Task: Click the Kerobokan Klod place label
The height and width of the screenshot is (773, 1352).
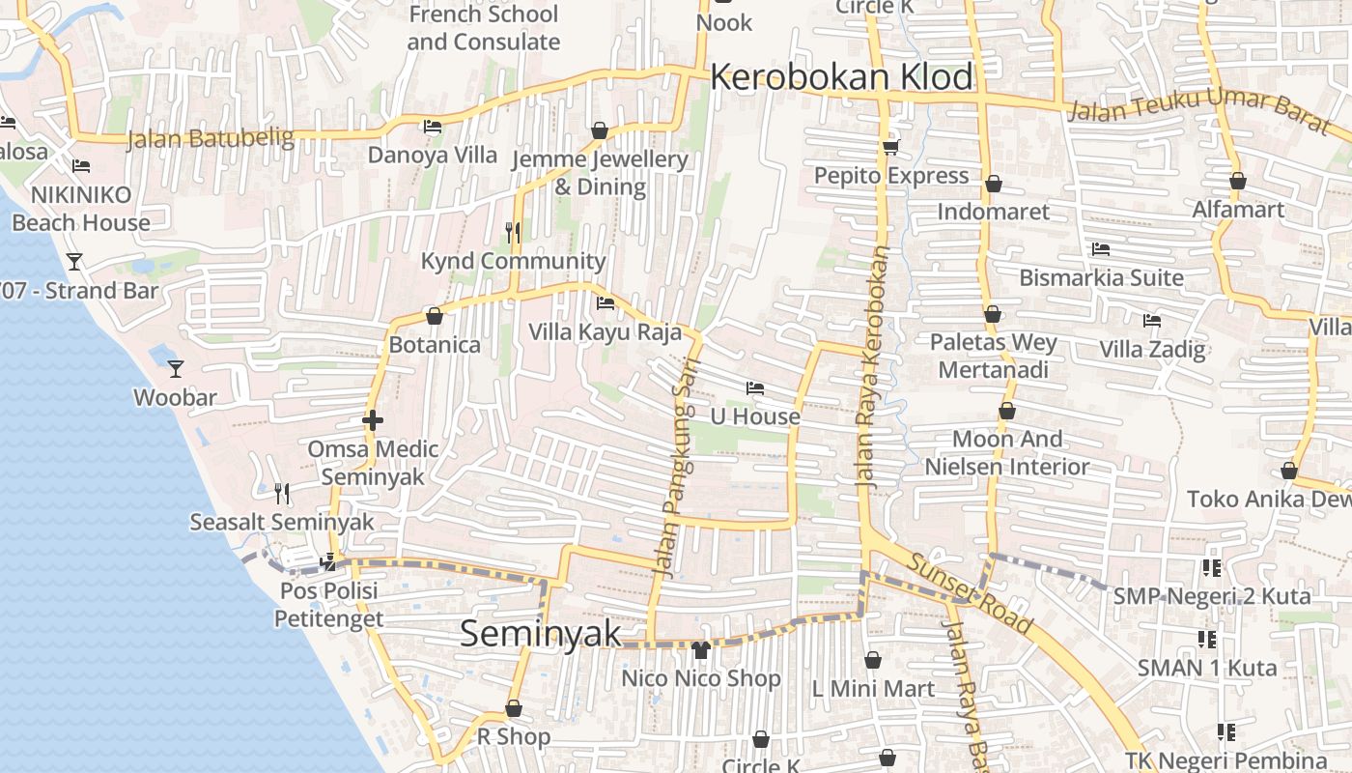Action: tap(841, 77)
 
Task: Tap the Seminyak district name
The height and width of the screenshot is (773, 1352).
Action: tap(540, 634)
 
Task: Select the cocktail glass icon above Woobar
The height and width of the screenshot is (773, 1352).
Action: tap(175, 368)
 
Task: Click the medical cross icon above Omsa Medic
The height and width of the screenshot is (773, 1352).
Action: tap(373, 420)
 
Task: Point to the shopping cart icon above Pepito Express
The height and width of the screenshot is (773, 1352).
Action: tap(890, 147)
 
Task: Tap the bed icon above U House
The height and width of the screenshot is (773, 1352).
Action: tap(755, 388)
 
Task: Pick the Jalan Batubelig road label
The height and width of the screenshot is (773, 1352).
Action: tap(211, 139)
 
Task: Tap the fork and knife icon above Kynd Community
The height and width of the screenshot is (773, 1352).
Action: tap(513, 232)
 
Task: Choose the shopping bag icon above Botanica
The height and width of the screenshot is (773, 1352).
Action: tap(435, 316)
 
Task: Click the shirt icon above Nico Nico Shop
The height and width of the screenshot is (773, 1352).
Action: tap(701, 649)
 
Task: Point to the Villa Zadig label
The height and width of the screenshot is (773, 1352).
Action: tap(1152, 349)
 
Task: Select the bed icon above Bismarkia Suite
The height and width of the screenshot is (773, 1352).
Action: tap(1101, 249)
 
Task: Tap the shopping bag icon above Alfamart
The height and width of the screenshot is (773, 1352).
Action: tap(1238, 181)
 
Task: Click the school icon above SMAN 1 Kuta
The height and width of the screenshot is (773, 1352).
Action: tap(1207, 639)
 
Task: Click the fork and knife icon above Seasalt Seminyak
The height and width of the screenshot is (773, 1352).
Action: tap(282, 494)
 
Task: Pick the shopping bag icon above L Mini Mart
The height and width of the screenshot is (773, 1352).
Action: tap(873, 660)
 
